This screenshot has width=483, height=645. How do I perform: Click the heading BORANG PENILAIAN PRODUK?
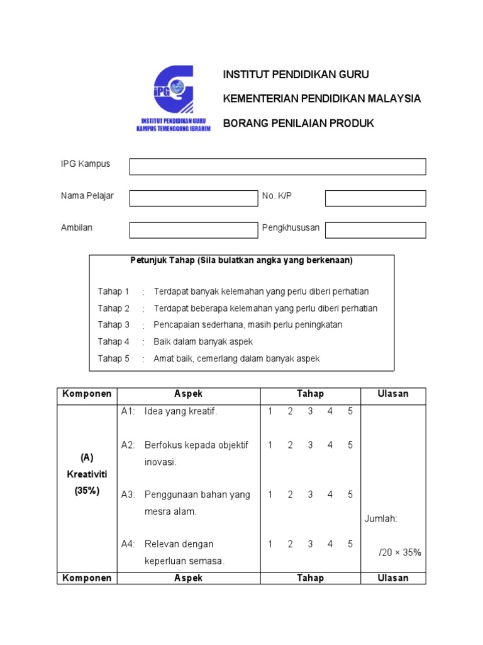click(299, 123)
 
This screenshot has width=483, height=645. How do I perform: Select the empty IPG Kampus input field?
click(277, 167)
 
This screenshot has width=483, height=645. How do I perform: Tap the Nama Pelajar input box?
click(194, 198)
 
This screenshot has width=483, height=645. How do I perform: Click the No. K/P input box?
click(375, 198)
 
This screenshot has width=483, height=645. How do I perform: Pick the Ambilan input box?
click(194, 230)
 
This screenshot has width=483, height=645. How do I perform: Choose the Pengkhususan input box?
click(375, 230)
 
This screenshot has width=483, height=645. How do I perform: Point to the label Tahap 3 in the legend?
click(114, 325)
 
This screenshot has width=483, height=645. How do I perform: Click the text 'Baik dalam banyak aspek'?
click(203, 341)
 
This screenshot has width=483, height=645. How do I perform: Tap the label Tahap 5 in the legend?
click(114, 358)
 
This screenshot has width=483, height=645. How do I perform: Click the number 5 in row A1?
click(350, 411)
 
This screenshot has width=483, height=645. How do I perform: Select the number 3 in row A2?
click(310, 445)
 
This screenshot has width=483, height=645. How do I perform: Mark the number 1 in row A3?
click(270, 494)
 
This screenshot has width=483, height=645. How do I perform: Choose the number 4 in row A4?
click(330, 544)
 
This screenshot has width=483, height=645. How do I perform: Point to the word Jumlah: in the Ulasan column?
click(381, 519)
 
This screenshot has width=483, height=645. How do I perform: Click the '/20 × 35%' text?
click(400, 552)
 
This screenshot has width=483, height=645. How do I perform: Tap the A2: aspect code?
click(128, 445)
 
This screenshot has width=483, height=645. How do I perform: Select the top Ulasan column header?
click(393, 394)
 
